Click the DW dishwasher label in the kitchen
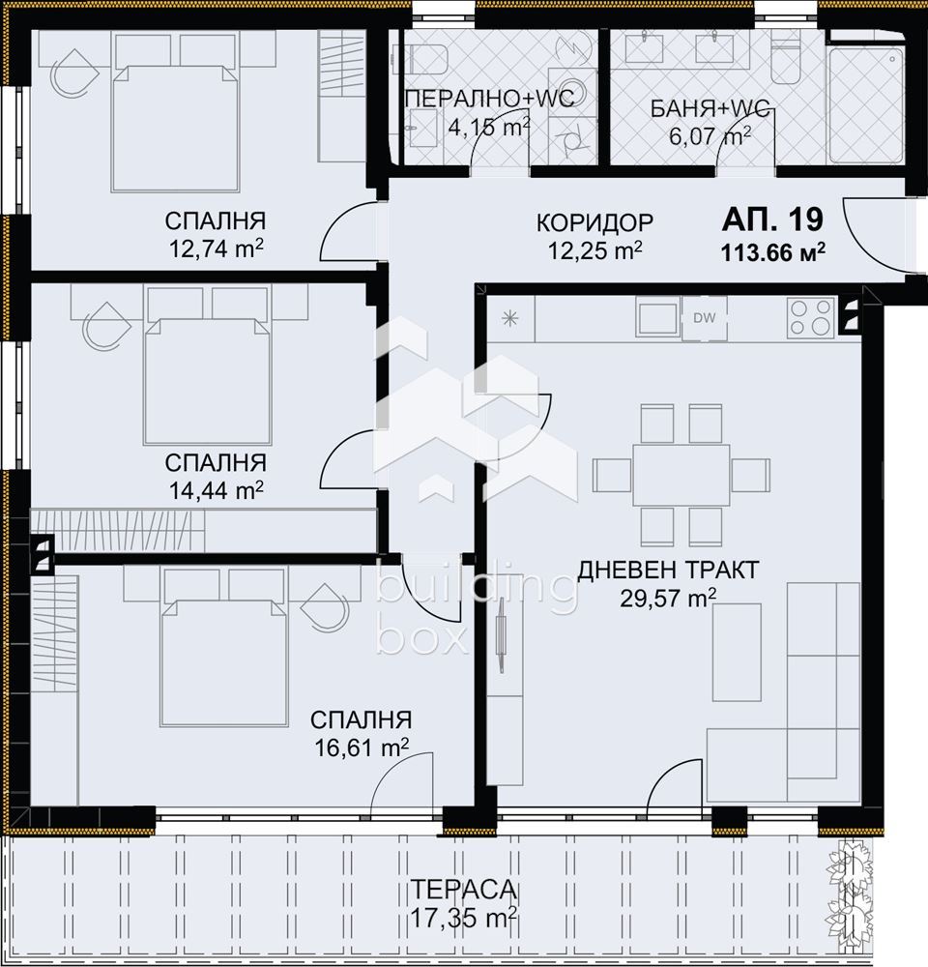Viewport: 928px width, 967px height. (x=704, y=318)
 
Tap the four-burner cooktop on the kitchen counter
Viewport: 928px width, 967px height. (x=810, y=317)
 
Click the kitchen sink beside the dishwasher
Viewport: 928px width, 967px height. (x=657, y=317)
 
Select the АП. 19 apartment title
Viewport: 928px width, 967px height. (x=772, y=219)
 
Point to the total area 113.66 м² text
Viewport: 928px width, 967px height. (x=773, y=251)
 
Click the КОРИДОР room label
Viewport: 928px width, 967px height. (x=594, y=222)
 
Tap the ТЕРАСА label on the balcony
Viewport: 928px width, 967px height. (x=463, y=890)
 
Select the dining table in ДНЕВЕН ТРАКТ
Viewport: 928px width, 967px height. (x=681, y=475)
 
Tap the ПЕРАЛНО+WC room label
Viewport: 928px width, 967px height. (x=490, y=98)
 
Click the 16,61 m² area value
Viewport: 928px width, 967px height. (x=362, y=747)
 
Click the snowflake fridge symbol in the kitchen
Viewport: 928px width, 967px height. (x=510, y=318)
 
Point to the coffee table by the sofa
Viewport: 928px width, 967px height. (x=737, y=652)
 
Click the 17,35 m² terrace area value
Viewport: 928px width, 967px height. (x=464, y=919)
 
